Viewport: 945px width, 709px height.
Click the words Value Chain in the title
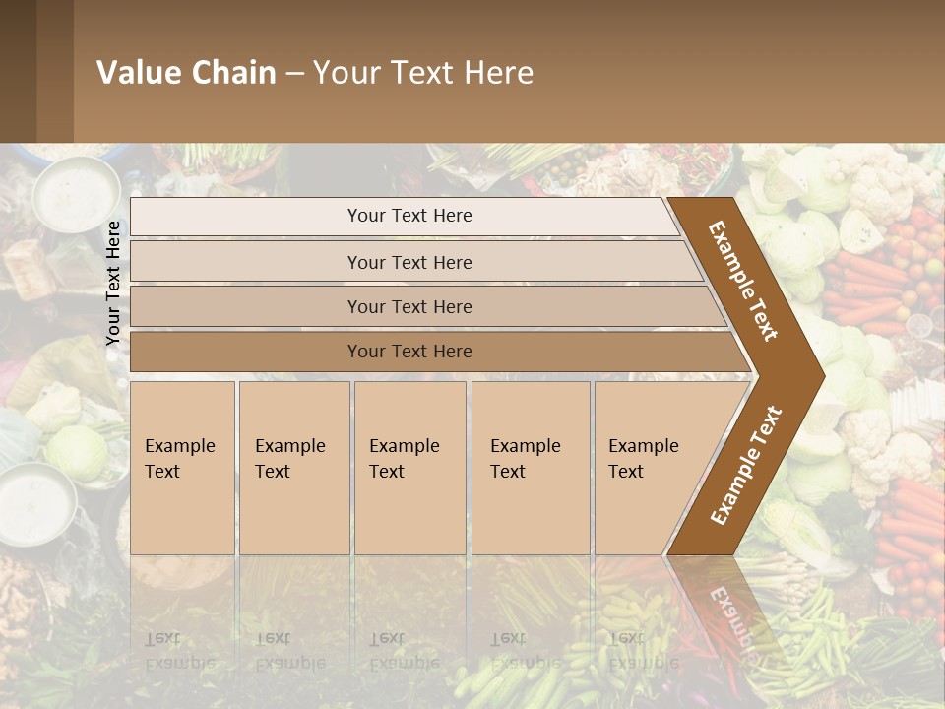[x=186, y=73]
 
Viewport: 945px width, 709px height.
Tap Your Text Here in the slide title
[x=423, y=73]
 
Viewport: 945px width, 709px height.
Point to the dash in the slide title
[x=294, y=74]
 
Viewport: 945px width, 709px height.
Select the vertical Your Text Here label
[x=113, y=283]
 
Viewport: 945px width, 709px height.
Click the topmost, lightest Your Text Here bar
[x=409, y=216]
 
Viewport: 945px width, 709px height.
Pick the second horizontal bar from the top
[x=409, y=262]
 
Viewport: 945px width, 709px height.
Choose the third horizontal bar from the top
[x=409, y=306]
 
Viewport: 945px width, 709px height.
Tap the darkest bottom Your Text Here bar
[x=409, y=352]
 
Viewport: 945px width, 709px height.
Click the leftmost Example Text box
[x=182, y=467]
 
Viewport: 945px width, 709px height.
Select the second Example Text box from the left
[x=293, y=467]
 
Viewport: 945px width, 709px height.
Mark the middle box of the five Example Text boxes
[x=409, y=467]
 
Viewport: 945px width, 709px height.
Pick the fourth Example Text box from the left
[x=531, y=467]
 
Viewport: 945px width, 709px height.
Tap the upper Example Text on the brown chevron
[x=743, y=281]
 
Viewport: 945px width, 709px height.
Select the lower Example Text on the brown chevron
[x=746, y=465]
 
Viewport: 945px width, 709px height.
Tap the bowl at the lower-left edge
[x=36, y=505]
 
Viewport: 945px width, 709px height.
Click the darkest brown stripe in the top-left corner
[x=18, y=71]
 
